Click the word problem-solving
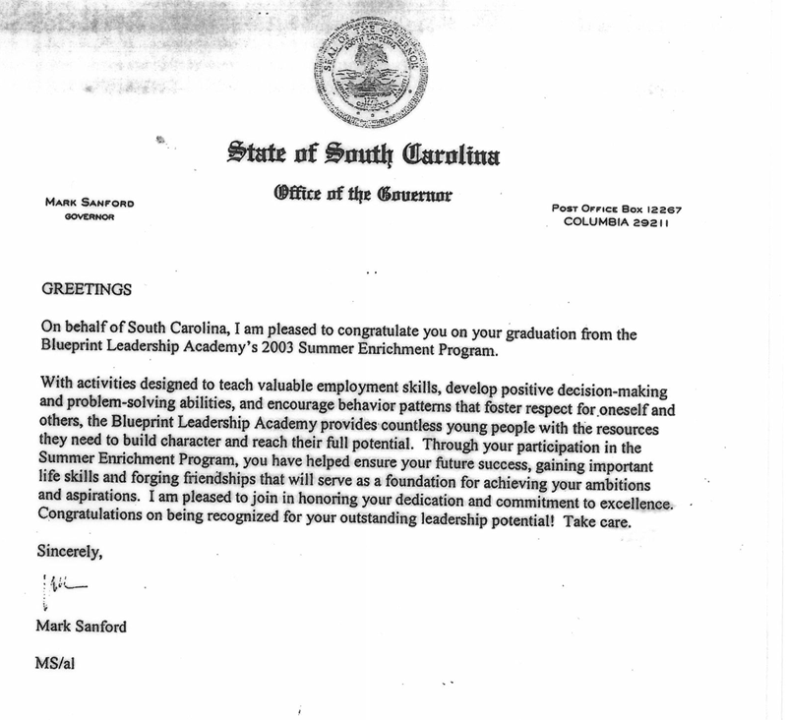point(125,401)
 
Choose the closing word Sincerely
point(70,551)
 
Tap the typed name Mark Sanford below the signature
point(83,627)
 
